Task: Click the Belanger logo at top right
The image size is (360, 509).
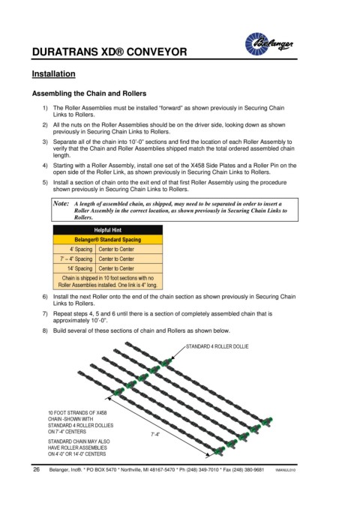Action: pos(269,43)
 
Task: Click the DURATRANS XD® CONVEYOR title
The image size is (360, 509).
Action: pos(109,52)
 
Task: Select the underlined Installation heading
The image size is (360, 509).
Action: pos(53,74)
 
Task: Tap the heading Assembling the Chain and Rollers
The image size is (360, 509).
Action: pos(89,94)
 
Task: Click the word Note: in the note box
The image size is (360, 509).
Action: pos(61,204)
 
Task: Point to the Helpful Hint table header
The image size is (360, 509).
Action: pos(107,230)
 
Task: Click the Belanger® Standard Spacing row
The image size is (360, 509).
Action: pos(107,240)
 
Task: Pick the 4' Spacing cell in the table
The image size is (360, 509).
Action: pos(81,250)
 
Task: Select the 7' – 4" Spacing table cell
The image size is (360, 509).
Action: pos(76,259)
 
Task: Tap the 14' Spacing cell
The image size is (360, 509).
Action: pos(80,268)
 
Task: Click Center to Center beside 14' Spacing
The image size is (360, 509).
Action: pos(116,268)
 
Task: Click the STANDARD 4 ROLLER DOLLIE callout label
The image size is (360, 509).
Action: pos(217,346)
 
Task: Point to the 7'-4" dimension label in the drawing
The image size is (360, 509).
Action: pos(155,434)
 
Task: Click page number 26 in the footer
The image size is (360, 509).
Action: pos(36,469)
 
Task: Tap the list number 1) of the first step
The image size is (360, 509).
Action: pos(45,108)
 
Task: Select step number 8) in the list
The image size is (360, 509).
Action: pos(45,331)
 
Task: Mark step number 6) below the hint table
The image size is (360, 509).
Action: pos(45,297)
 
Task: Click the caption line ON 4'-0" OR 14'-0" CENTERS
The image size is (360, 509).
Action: pos(77,454)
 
